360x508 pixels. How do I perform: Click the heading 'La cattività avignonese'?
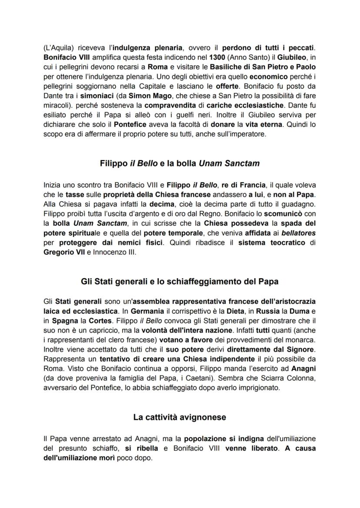pyautogui.click(x=180, y=418)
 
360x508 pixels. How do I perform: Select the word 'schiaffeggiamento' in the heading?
pyautogui.click(x=205, y=282)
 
